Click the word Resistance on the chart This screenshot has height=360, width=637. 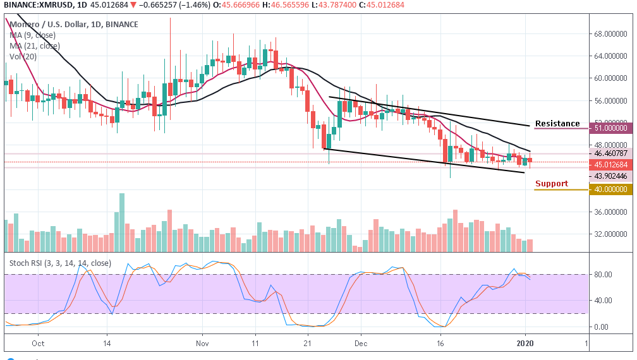point(557,124)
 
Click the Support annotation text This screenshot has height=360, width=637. point(552,184)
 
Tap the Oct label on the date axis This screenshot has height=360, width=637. point(38,344)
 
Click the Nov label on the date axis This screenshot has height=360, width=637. point(202,344)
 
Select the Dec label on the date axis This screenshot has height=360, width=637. point(360,344)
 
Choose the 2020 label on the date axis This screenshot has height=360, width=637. point(526,344)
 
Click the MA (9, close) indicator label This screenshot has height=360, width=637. point(33,35)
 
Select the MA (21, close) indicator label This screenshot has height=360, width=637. point(35,45)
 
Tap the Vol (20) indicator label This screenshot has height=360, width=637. point(24,56)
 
